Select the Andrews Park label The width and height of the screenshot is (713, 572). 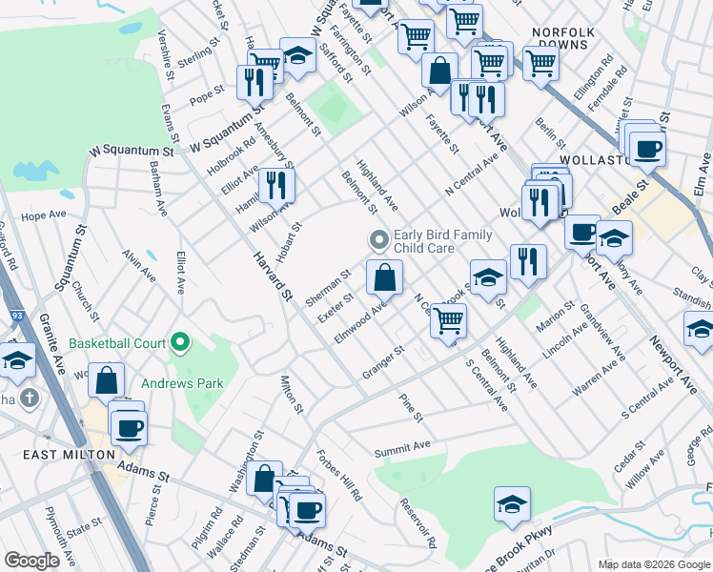pos(182,385)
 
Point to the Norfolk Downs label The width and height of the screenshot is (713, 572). pos(563,38)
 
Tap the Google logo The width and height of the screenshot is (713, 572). pos(31,561)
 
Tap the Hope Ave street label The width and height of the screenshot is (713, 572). pos(41,216)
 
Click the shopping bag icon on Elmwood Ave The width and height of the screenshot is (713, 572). pos(384,277)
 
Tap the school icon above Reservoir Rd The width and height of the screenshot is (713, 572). pos(512,504)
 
